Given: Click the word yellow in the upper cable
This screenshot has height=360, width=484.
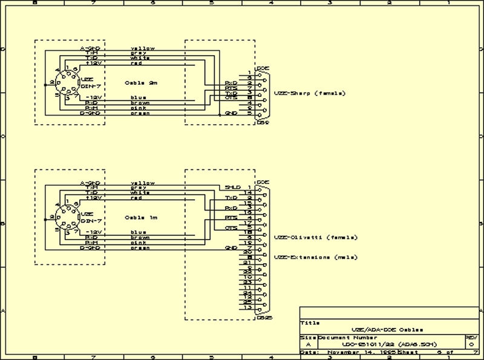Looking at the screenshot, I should [143, 48].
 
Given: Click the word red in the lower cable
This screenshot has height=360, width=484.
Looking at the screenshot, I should [136, 198].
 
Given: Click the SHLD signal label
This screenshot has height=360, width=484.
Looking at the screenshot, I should [232, 188].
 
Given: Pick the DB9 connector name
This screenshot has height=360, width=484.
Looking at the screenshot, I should [263, 122].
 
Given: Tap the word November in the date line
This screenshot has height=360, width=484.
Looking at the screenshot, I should [344, 352].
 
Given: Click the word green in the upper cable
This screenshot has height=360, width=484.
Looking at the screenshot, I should [139, 113].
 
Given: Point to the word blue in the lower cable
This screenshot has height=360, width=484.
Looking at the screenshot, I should [138, 232].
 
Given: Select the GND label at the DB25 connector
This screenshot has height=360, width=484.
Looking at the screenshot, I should [231, 247].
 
